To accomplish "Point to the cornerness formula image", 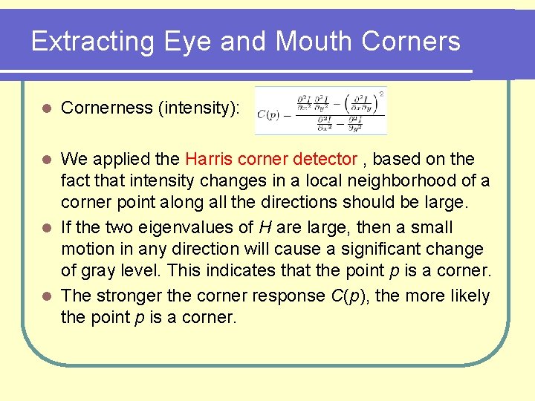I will (320, 111).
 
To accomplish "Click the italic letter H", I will (264, 227).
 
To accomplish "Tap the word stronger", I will (129, 296).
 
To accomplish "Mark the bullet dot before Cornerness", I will (46, 108).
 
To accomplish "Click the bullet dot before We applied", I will (46, 160).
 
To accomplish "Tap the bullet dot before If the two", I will (46, 228).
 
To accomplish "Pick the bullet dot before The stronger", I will (46, 296).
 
